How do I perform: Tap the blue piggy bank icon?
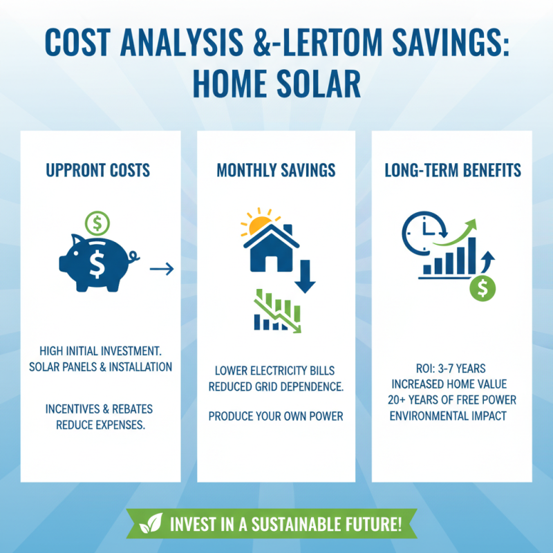point(97,261)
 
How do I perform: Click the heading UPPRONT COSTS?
point(97,170)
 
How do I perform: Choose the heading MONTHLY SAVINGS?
point(276,170)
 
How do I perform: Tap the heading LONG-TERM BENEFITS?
point(453,170)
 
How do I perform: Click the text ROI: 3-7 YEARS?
point(453,368)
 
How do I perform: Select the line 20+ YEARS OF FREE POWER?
point(453,400)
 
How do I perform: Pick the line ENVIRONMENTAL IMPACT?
point(453,415)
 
